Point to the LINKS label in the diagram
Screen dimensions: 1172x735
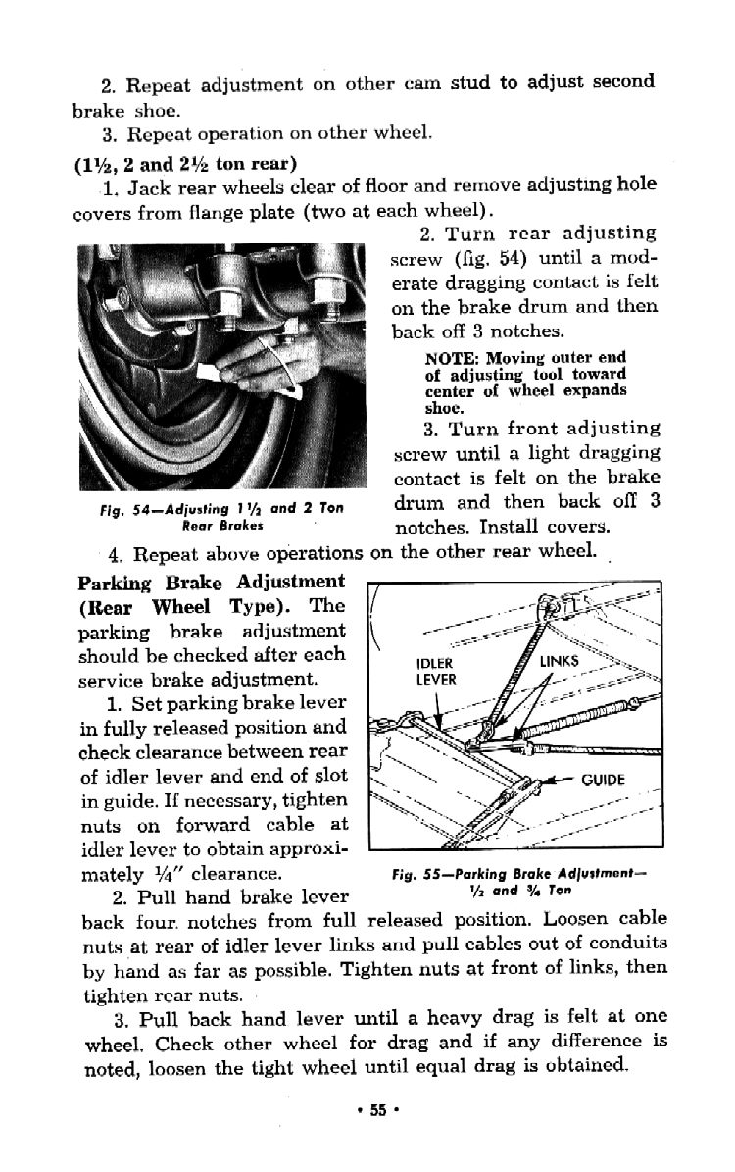(x=561, y=662)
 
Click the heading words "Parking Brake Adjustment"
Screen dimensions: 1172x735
(x=211, y=582)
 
